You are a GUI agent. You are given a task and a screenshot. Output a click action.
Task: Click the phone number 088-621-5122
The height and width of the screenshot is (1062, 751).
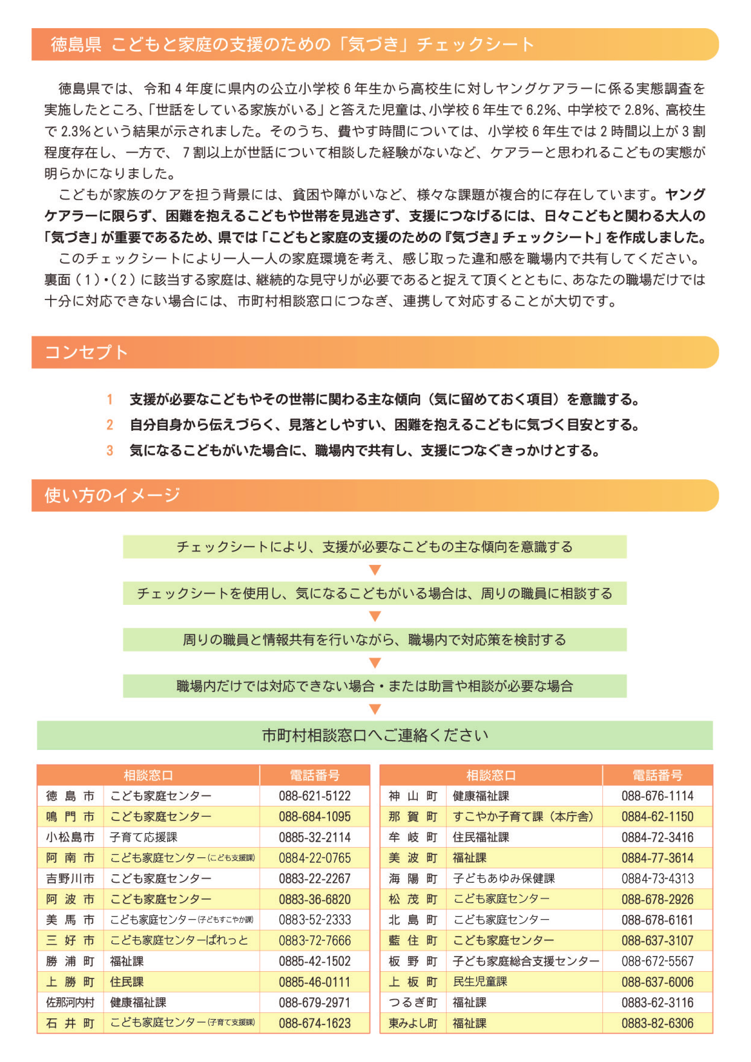point(315,796)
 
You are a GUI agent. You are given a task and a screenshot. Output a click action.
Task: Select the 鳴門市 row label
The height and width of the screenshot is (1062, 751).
point(70,817)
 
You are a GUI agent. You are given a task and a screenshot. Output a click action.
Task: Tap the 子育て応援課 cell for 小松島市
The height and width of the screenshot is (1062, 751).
point(144,837)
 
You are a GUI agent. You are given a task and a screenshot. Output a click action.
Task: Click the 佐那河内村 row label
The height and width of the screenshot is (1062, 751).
point(70,1003)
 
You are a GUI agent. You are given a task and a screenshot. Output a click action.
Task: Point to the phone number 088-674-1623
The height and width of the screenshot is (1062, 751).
point(315,1024)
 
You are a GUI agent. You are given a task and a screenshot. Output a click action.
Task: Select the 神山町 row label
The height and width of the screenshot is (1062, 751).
point(413,796)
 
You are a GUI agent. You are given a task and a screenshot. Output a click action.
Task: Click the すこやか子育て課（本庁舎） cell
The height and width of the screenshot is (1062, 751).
point(522,817)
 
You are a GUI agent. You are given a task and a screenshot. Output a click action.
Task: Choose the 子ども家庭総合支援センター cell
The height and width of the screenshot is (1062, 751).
point(525,961)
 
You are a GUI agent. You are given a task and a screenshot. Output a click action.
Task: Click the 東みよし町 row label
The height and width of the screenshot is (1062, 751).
point(413,1024)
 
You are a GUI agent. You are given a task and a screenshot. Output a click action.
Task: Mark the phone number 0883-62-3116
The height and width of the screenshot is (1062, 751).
point(657,1003)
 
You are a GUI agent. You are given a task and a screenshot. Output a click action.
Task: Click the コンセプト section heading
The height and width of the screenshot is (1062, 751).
point(87,352)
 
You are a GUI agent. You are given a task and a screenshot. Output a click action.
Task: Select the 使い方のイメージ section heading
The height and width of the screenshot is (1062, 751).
point(112,495)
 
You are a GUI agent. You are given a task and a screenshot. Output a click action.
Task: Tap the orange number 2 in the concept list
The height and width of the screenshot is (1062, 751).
point(110,425)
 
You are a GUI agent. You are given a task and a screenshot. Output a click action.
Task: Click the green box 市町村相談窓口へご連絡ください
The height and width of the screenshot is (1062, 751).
point(374,735)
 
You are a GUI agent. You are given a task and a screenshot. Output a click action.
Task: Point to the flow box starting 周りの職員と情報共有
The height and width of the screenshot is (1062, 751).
point(374,640)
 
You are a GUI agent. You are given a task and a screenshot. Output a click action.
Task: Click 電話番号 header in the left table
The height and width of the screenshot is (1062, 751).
point(315,775)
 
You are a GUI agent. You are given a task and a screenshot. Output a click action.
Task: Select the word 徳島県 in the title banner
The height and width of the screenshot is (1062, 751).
point(76,45)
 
